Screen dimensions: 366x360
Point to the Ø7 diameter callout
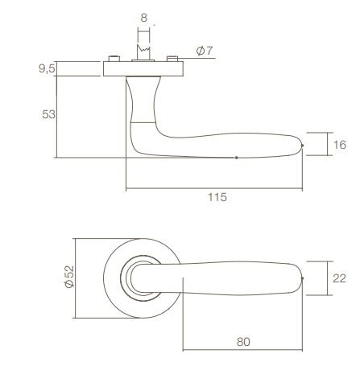(205, 51)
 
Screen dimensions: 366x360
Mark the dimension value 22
(339, 277)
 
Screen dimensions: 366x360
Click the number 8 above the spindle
(143, 16)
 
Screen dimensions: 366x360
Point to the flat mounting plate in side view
(144, 68)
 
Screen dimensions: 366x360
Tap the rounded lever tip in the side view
(301, 145)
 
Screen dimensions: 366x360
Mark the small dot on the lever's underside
(236, 158)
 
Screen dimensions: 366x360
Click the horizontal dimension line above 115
(216, 190)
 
